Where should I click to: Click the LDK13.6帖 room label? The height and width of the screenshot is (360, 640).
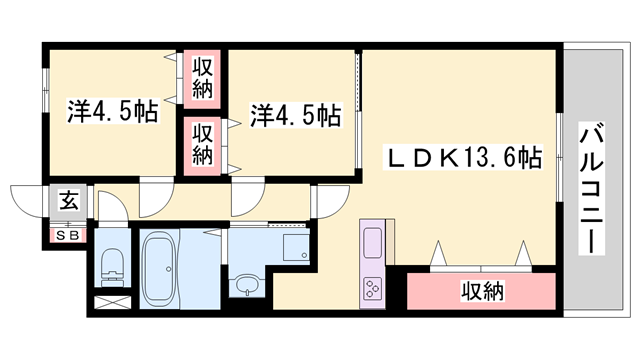[465, 157]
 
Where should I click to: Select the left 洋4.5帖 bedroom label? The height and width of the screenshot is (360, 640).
[113, 110]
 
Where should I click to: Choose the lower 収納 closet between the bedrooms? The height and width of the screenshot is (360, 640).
[203, 143]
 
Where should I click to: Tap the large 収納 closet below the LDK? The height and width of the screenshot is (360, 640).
[481, 291]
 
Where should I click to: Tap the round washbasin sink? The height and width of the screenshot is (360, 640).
[244, 286]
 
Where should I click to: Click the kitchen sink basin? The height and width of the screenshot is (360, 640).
[371, 244]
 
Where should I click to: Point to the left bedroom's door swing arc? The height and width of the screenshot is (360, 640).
[155, 199]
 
